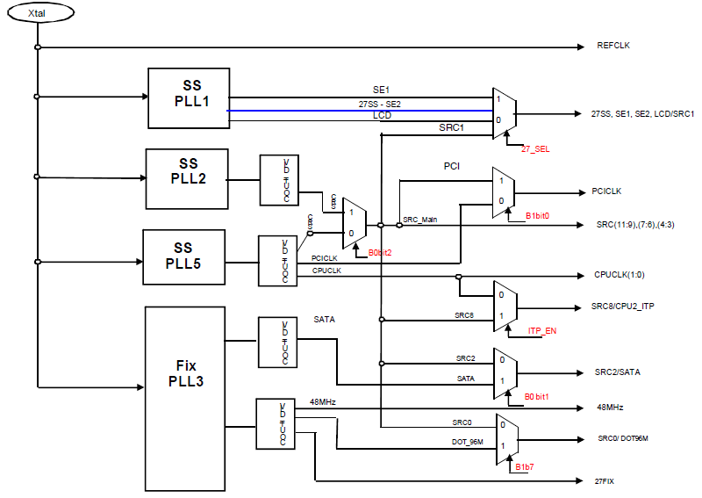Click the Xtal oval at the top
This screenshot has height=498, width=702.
point(37,14)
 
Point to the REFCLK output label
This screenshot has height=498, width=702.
point(612,46)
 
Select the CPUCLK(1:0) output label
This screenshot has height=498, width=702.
point(619,275)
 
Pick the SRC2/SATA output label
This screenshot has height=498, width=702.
point(617,372)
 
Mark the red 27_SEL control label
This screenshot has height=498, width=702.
point(535,148)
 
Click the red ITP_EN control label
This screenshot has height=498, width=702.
point(542,332)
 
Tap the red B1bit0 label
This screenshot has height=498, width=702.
point(538,215)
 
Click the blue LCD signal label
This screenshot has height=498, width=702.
point(382,115)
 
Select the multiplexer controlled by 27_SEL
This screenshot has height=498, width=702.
point(504,112)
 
